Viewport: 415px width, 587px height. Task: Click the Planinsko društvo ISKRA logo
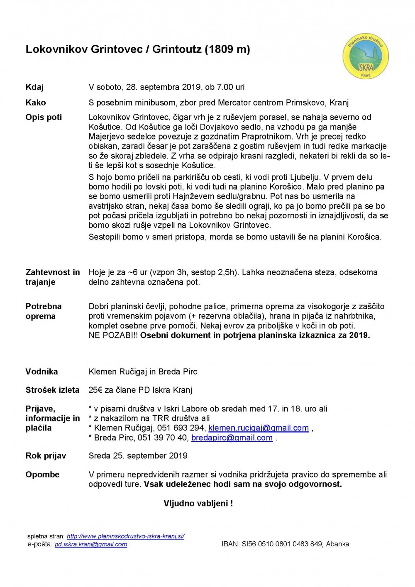pyautogui.click(x=365, y=56)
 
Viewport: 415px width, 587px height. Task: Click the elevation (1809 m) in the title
pyautogui.click(x=227, y=49)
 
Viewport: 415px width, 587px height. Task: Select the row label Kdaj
pyautogui.click(x=34, y=87)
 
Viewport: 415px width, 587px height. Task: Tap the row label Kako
pyautogui.click(x=36, y=103)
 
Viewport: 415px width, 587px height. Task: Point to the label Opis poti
pyautogui.click(x=44, y=117)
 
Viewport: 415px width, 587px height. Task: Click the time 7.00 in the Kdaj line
pyautogui.click(x=225, y=87)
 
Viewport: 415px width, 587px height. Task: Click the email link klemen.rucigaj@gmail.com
pyautogui.click(x=259, y=428)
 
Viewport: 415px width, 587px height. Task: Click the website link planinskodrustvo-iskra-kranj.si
pyautogui.click(x=125, y=536)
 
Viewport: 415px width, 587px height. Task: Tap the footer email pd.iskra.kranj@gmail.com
pyautogui.click(x=91, y=544)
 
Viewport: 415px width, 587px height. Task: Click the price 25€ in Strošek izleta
pyautogui.click(x=96, y=390)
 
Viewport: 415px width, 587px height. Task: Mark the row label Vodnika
pyautogui.click(x=41, y=372)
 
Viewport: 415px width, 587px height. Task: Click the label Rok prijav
pyautogui.click(x=46, y=456)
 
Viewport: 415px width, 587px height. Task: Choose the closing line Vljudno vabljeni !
pyautogui.click(x=198, y=504)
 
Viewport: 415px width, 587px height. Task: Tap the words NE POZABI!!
pyautogui.click(x=113, y=335)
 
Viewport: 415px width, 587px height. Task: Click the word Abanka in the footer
pyautogui.click(x=337, y=544)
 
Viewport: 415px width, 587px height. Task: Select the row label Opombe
pyautogui.click(x=42, y=474)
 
